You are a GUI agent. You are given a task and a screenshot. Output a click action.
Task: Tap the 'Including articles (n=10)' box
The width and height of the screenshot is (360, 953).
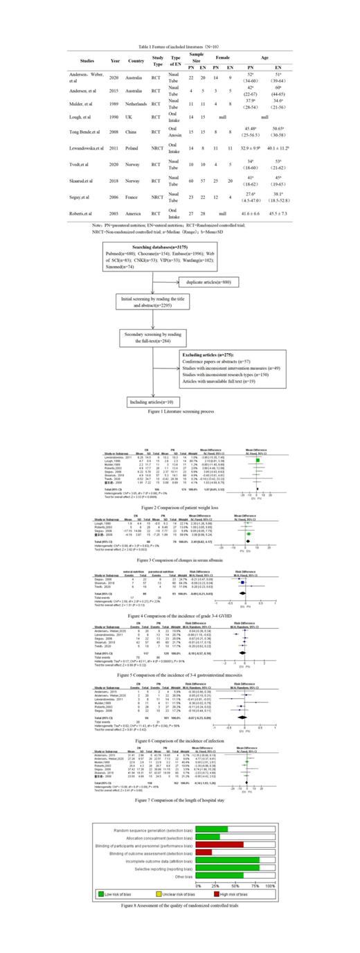[x=147, y=401]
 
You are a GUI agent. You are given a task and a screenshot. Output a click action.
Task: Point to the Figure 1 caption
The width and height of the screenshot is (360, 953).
[x=179, y=411]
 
